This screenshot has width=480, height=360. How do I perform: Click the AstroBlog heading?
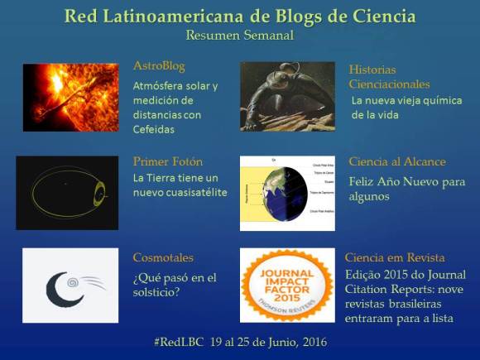(x=159, y=65)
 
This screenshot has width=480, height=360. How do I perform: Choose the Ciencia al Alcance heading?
(x=396, y=161)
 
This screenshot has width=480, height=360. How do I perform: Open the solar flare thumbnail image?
(x=70, y=97)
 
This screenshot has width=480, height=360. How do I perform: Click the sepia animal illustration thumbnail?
(x=287, y=97)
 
